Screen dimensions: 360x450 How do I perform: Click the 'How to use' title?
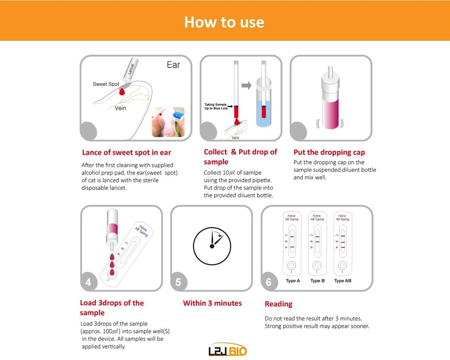click(x=224, y=22)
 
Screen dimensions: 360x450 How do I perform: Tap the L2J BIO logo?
click(x=227, y=351)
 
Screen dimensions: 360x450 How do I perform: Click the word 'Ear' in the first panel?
click(x=173, y=65)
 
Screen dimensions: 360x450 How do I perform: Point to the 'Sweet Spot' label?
click(x=106, y=84)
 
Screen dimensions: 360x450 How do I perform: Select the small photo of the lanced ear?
click(x=168, y=122)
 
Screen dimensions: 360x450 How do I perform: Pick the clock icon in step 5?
click(x=212, y=245)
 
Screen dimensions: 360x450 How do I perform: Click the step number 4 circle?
click(x=89, y=282)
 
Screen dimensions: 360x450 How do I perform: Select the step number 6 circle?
click(x=269, y=282)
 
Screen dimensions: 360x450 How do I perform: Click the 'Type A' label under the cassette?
click(x=292, y=281)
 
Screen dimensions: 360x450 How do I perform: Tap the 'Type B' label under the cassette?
click(x=317, y=281)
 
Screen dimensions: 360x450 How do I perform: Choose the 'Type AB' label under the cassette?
click(x=343, y=281)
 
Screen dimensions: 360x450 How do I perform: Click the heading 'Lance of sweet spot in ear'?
click(x=127, y=152)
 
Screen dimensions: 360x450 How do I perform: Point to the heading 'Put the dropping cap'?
click(x=329, y=152)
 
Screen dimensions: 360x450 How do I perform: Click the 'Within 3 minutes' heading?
click(x=212, y=303)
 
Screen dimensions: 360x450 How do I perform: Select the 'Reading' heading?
click(x=278, y=304)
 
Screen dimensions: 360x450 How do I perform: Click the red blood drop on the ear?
click(x=122, y=93)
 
